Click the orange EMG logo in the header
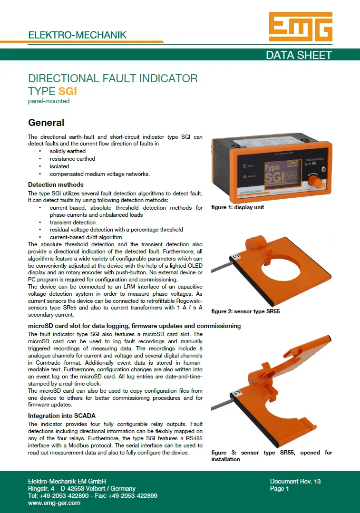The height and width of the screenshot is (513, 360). pyautogui.click(x=301, y=27)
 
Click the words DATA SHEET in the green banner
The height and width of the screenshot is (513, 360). pyautogui.click(x=299, y=55)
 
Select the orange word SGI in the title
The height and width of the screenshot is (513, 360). pyautogui.click(x=68, y=91)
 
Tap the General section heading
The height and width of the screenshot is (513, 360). pyautogui.click(x=46, y=123)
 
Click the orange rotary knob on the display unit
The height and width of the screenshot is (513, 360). pyautogui.click(x=315, y=180)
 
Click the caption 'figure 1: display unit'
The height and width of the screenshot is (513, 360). pyautogui.click(x=238, y=207)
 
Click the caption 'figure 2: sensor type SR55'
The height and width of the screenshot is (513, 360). pyautogui.click(x=245, y=311)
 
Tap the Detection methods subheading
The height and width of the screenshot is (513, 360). pyautogui.click(x=56, y=184)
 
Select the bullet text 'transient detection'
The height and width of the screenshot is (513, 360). pyautogui.click(x=73, y=223)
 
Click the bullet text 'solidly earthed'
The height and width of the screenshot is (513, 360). pyautogui.click(x=68, y=151)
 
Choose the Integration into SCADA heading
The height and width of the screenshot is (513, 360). pyautogui.click(x=62, y=416)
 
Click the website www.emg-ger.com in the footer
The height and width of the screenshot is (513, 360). pyautogui.click(x=54, y=503)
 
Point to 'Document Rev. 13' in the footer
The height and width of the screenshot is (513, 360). pyautogui.click(x=295, y=481)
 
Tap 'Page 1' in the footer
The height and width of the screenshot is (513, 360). pyautogui.click(x=280, y=488)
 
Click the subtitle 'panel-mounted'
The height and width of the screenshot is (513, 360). pyautogui.click(x=49, y=101)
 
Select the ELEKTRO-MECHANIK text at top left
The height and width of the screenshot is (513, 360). pyautogui.click(x=77, y=35)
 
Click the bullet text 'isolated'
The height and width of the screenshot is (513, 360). pyautogui.click(x=59, y=166)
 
